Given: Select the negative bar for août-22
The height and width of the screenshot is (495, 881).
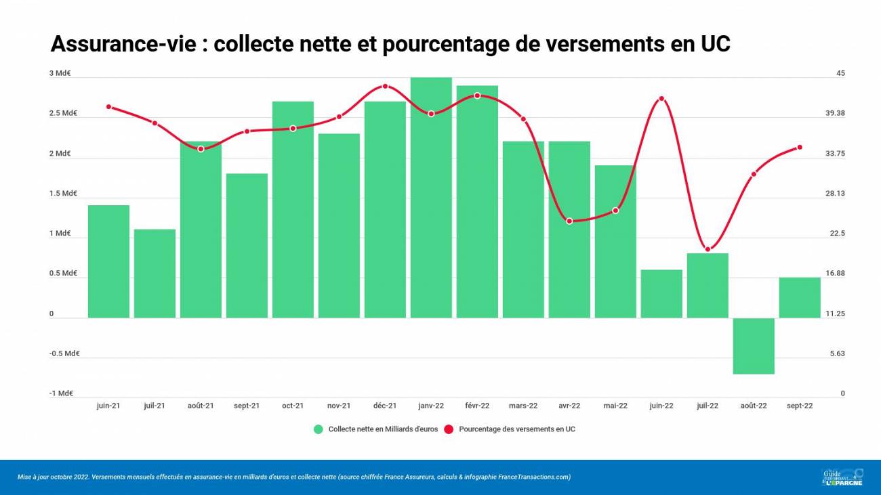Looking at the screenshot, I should coord(754,345).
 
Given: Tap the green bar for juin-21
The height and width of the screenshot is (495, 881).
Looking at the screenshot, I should coord(108,261).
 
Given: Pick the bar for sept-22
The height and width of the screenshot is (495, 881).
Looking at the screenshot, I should coord(800,298).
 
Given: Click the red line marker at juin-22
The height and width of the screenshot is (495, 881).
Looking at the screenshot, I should coord(661,99).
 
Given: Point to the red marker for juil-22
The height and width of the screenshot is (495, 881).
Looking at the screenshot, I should coord(708,249).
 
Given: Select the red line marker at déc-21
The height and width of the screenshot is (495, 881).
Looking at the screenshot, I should coord(385,86).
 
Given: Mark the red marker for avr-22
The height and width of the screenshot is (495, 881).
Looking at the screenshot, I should coord(569,221).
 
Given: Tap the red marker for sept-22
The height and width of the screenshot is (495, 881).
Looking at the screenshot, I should coord(800,147).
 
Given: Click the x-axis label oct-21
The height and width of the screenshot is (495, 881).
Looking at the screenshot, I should coord(293,406).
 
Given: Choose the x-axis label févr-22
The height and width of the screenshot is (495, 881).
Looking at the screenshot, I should coord(477,406).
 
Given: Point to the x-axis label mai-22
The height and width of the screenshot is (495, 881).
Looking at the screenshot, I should coord(615,406).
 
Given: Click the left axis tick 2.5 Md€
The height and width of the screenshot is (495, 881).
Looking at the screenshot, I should coord(63,113).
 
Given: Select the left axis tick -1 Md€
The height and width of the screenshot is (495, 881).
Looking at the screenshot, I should coord(61,393).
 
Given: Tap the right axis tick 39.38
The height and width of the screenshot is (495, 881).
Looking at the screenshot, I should coord(836,113).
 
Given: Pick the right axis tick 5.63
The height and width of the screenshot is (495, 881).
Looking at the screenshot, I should coord(838,353).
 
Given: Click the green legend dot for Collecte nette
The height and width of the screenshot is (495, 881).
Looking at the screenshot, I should coord(318,429).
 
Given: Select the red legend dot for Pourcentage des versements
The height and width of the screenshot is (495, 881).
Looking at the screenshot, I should coord(449,429).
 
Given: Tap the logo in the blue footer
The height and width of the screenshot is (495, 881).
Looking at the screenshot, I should coord(842,477).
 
